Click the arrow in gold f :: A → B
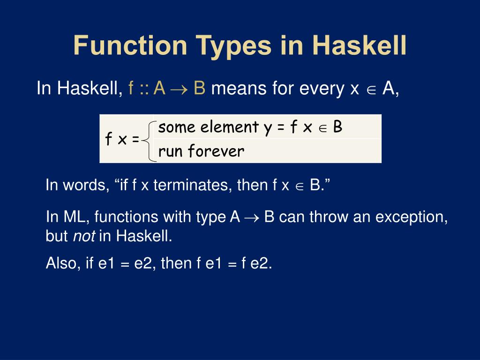[x=180, y=89]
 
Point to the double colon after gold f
[x=143, y=89]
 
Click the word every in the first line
[x=323, y=89]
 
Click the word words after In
[x=84, y=185]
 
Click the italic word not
[x=84, y=237]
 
